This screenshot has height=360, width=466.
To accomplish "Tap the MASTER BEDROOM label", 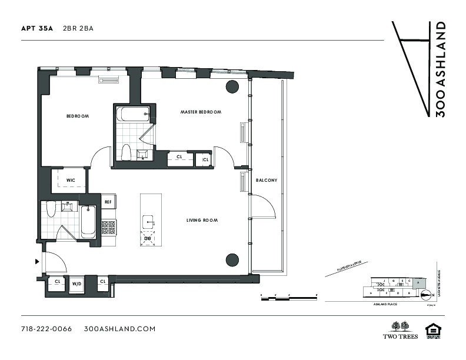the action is coord(201,112).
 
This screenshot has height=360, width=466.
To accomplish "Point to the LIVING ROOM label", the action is coord(202,221).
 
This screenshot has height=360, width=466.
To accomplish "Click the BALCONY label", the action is coord(267,180).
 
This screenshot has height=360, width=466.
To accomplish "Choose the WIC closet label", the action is coord(70,179).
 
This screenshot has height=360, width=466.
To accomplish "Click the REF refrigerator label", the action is coord(108,202).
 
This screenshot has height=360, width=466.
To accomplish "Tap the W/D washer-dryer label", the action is coord(77,284).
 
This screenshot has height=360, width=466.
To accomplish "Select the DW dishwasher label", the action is coord(147,238).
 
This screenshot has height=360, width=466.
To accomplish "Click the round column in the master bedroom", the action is coord(232,86).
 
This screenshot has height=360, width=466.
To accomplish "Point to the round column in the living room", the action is coord(232,259).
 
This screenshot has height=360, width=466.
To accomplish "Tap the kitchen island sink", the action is coord(148,222).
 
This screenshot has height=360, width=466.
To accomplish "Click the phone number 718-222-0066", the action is coord(46,329).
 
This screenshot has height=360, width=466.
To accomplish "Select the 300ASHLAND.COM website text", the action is coord(119,329).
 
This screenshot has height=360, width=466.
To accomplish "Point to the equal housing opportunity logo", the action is coord(433,331).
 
